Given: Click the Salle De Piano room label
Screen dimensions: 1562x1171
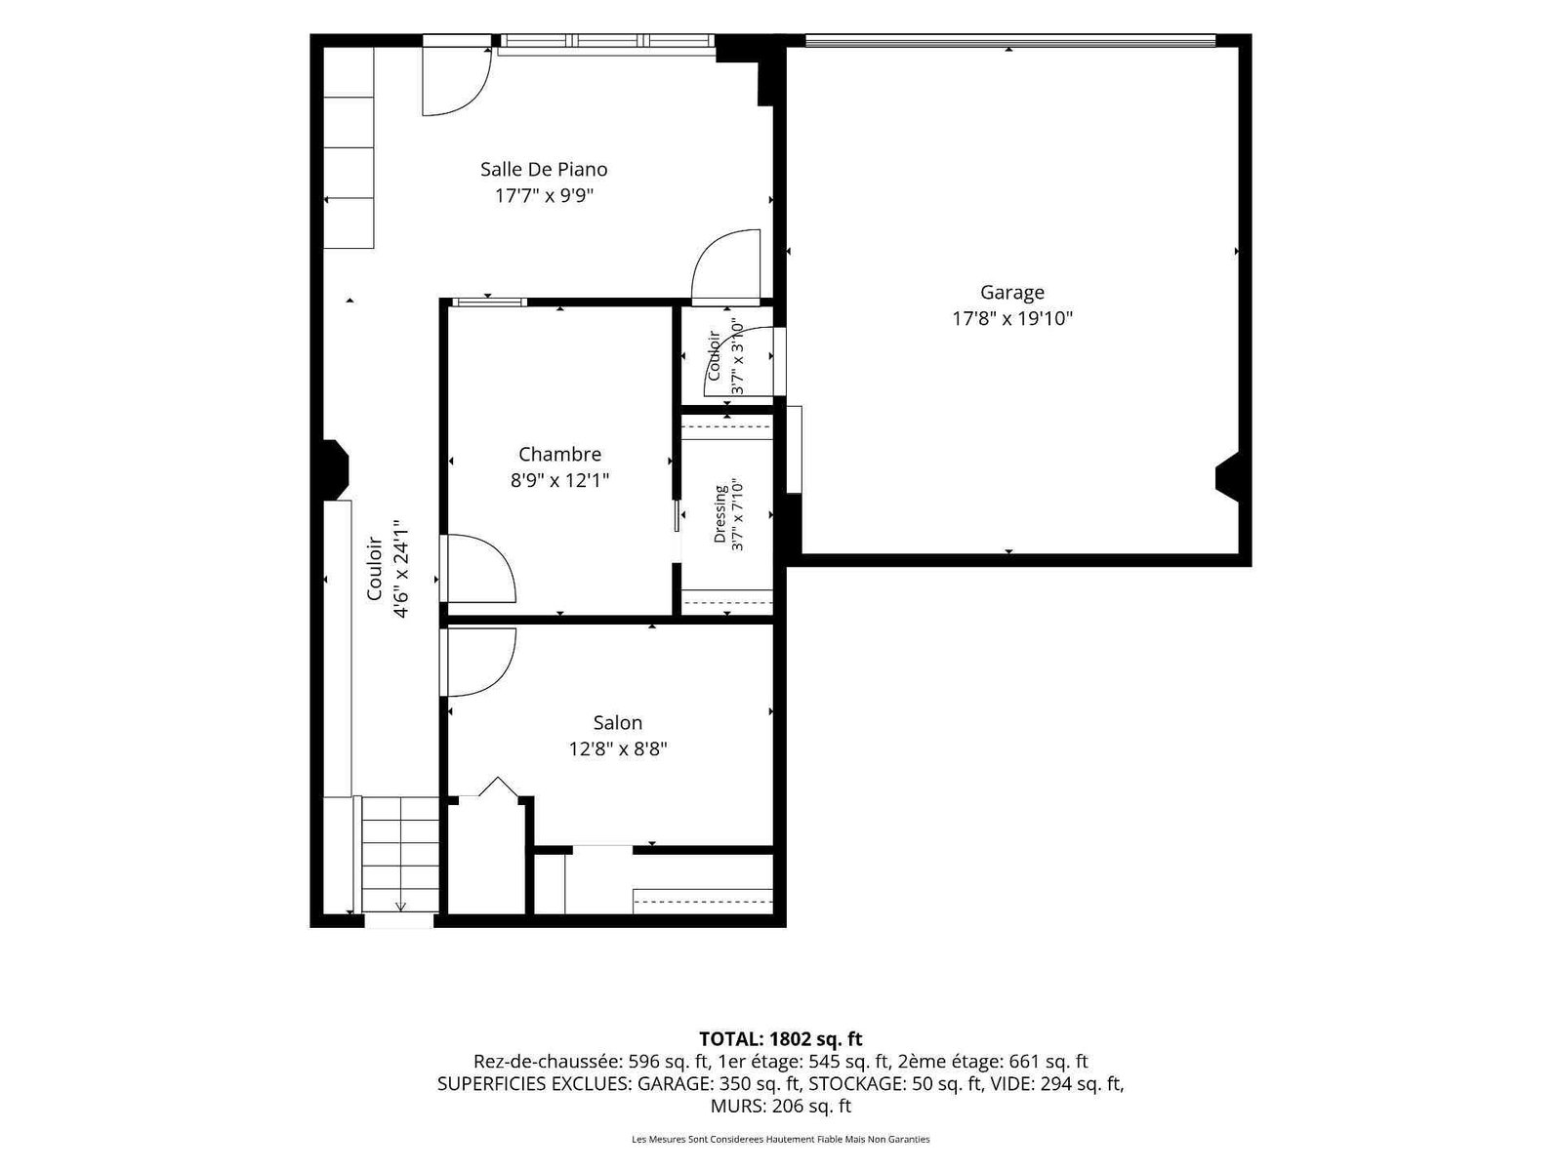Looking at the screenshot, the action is pyautogui.click(x=544, y=169).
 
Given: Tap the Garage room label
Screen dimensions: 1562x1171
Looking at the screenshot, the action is pyautogui.click(x=1012, y=292).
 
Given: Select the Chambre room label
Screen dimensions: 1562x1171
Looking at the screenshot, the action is pyautogui.click(x=559, y=454).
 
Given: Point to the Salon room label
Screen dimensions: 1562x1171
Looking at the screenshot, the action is pyautogui.click(x=618, y=722).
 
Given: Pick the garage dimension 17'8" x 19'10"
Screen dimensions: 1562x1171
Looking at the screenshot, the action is pyautogui.click(x=1012, y=318).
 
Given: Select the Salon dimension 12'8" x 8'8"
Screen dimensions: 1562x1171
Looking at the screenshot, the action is pyautogui.click(x=618, y=748).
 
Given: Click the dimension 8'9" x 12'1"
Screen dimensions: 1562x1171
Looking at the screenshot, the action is pyautogui.click(x=559, y=480).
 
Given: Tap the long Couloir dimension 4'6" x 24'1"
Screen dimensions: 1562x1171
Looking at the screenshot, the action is pyautogui.click(x=401, y=568).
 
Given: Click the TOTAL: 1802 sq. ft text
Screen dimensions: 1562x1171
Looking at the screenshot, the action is pyautogui.click(x=781, y=1038).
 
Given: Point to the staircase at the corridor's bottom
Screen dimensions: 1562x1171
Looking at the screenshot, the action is pyautogui.click(x=400, y=854).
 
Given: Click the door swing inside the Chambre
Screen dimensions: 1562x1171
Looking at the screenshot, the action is pyautogui.click(x=479, y=569).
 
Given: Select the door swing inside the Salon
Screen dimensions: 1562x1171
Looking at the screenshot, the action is pyautogui.click(x=479, y=662).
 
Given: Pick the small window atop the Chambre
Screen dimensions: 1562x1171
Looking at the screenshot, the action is pyautogui.click(x=490, y=303).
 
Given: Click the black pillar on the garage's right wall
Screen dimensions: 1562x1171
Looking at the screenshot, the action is pyautogui.click(x=1227, y=475).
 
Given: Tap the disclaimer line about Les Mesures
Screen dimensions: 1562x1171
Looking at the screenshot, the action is pyautogui.click(x=781, y=1139).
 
